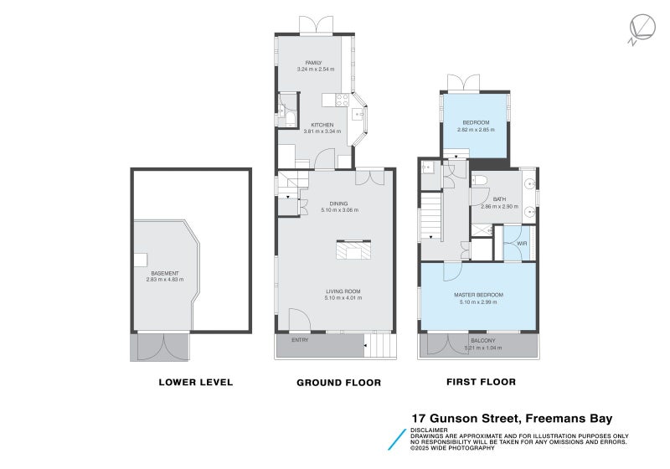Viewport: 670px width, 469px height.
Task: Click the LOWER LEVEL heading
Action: coord(195,383)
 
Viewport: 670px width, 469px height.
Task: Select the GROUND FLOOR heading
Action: coord(338,383)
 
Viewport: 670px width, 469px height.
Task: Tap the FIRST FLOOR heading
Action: coord(480,382)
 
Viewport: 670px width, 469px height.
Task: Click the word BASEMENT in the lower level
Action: coord(165,273)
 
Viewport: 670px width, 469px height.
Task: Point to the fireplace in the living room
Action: coord(354,251)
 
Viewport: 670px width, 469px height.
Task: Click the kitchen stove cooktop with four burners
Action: coord(342,99)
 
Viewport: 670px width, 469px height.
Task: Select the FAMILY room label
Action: coord(314,63)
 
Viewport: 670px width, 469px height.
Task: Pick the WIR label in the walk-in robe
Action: coord(521,244)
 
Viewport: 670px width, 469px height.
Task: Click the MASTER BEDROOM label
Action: coord(478,295)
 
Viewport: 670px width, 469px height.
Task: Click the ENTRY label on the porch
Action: coord(300,340)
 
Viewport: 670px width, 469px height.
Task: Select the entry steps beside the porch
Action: coord(381,344)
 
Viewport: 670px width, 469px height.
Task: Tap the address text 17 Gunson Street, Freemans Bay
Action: coord(512,418)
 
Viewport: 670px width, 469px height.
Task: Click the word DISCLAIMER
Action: coord(430,430)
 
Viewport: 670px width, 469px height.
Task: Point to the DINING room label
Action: coord(338,203)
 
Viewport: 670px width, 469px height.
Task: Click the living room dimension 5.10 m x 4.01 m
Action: coord(338,298)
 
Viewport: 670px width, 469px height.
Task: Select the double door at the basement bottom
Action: coord(160,346)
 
